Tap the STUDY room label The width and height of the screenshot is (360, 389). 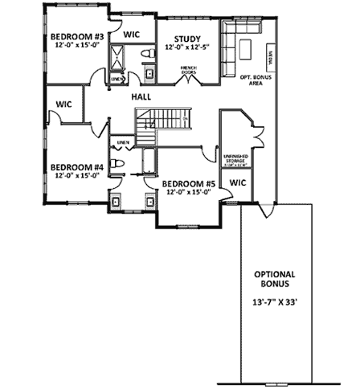pyautogui.click(x=187, y=38)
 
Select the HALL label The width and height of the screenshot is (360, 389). pyautogui.click(x=142, y=96)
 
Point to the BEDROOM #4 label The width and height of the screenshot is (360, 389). pyautogui.click(x=77, y=167)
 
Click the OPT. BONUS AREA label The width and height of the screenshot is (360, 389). pyautogui.click(x=256, y=79)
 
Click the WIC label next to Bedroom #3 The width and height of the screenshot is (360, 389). pyautogui.click(x=132, y=35)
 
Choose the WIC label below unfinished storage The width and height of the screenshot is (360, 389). pyautogui.click(x=237, y=183)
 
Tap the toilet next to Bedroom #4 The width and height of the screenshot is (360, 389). pyautogui.click(x=117, y=164)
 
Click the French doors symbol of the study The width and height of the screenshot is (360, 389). pyautogui.click(x=189, y=79)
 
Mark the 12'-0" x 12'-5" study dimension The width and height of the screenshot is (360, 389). pyautogui.click(x=187, y=48)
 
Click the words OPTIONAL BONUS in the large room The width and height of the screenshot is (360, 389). pyautogui.click(x=275, y=278)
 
